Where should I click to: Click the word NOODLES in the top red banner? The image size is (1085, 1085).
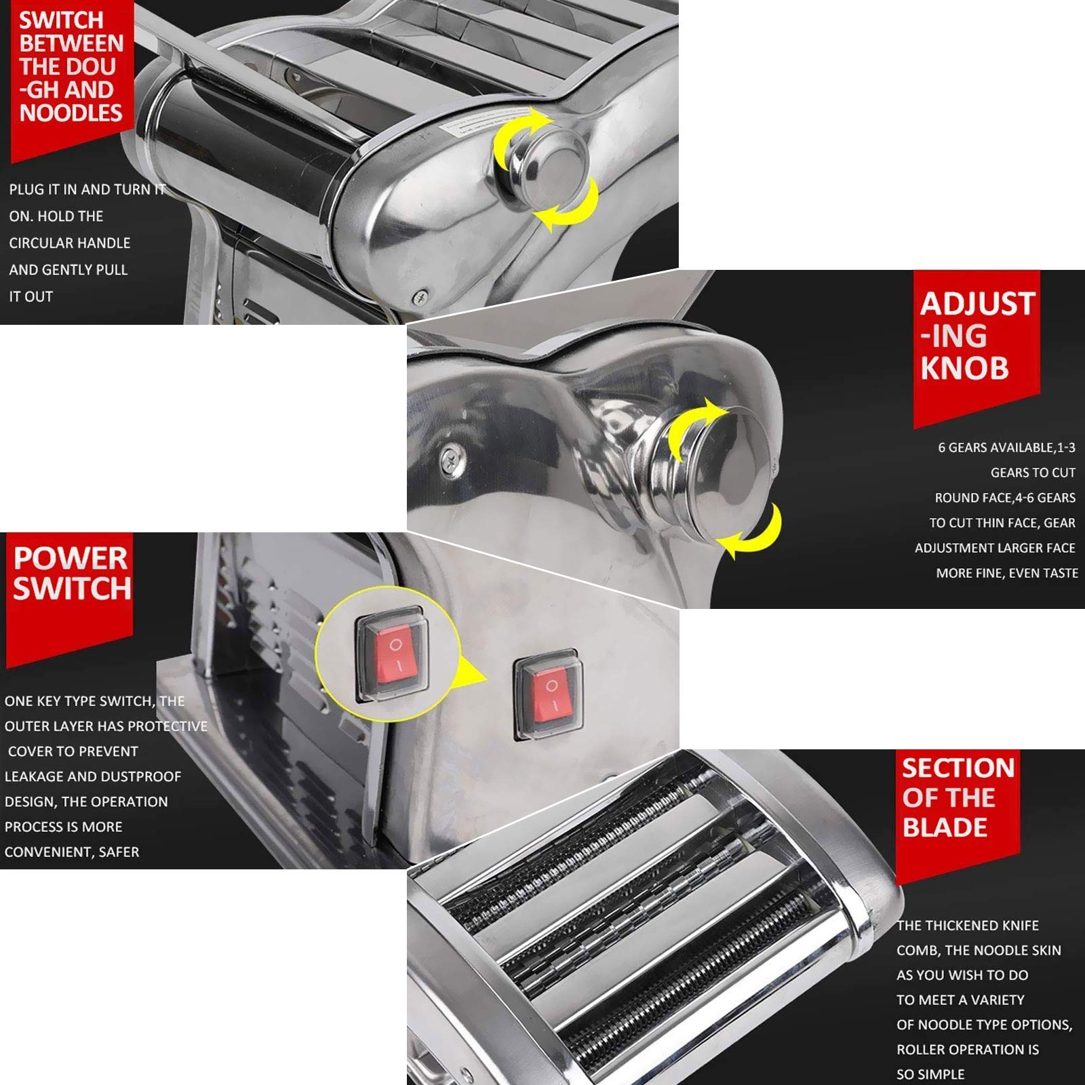point(71,112)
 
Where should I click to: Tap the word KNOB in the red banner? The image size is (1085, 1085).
point(964,368)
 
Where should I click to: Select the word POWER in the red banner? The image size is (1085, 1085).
point(71,558)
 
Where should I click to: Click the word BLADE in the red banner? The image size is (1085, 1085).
point(945,827)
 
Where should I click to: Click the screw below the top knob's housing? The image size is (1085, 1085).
point(421,296)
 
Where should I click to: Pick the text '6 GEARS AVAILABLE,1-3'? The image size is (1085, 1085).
point(1006,448)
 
